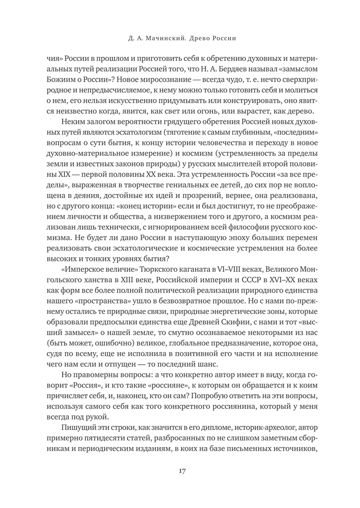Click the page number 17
[182, 470]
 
